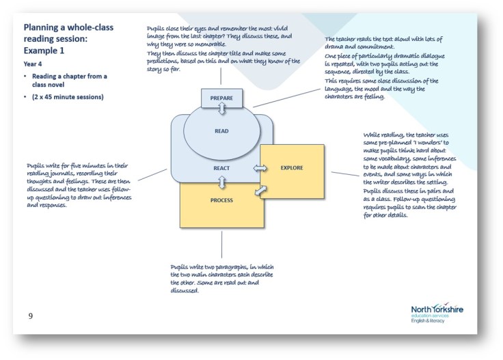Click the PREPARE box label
221,98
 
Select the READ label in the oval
221,131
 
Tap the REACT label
221,167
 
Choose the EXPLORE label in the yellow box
291,167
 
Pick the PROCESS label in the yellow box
221,200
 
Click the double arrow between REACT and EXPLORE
260,167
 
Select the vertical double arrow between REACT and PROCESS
221,182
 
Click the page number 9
30,316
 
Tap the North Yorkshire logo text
437,309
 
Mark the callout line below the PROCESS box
221,246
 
